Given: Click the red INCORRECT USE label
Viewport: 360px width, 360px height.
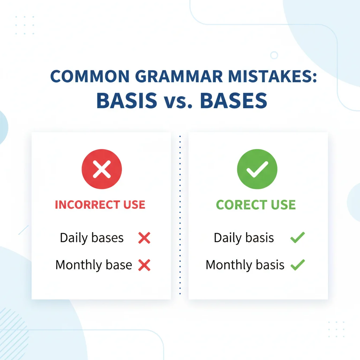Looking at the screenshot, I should tap(100, 205).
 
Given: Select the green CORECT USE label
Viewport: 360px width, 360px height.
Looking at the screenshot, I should tap(256, 205).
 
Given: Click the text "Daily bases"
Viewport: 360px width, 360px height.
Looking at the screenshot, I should tap(92, 238).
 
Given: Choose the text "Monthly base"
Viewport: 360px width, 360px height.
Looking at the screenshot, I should tap(94, 265).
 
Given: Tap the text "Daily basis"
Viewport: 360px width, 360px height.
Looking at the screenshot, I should tap(244, 238).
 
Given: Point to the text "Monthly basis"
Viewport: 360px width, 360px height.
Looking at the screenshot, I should tap(245, 265).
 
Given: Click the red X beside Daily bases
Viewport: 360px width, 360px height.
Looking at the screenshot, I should tap(144, 238).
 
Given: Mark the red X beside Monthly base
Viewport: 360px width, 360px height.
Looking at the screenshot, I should tap(144, 265).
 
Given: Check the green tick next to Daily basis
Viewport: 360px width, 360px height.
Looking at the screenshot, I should tap(297, 238).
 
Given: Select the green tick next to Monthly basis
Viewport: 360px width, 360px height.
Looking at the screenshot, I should tap(298, 265).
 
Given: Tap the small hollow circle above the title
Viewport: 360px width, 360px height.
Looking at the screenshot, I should tap(274, 55).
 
